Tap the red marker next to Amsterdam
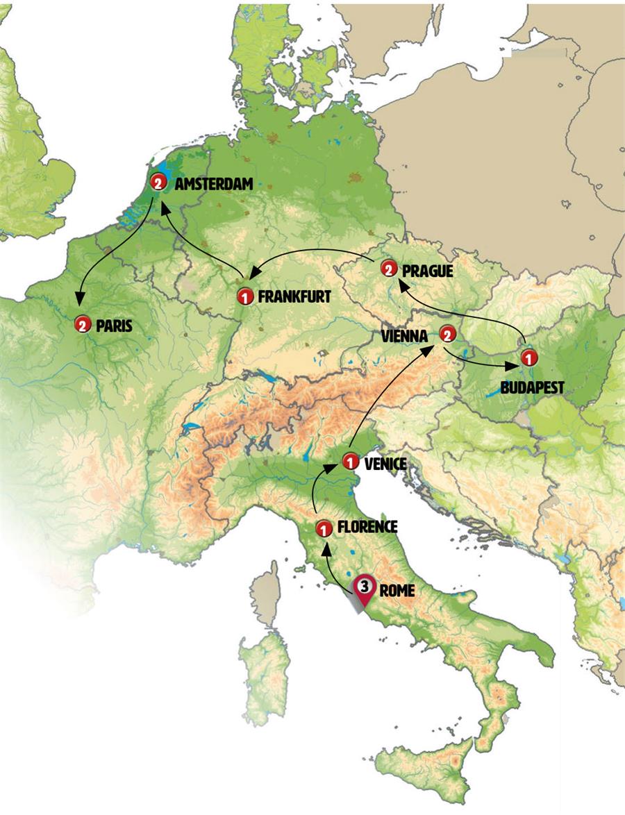point(158,184)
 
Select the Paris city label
point(114,324)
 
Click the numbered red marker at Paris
point(83,324)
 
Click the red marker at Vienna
point(447,335)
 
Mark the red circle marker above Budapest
point(528,359)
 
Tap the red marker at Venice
point(351,461)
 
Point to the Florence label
point(367,528)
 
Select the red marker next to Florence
point(322,529)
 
